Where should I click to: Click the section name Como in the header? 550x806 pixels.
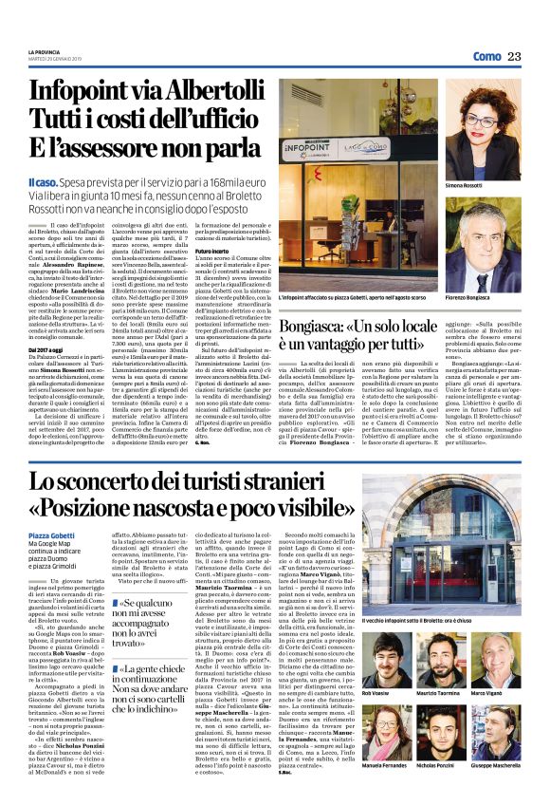(486, 56)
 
